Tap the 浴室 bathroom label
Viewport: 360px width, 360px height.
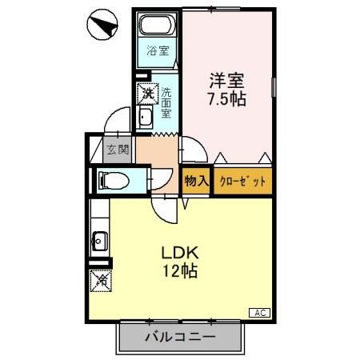(158, 52)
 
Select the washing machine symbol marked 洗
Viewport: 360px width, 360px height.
(148, 93)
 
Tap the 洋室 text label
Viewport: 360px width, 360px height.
(227, 81)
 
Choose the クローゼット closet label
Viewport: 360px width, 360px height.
(242, 181)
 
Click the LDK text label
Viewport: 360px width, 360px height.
(182, 250)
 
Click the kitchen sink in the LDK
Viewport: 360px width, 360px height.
(101, 239)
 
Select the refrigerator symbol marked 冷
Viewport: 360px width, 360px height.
(101, 280)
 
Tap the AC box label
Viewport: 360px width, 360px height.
(261, 312)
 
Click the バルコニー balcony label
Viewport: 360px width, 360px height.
(180, 338)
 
